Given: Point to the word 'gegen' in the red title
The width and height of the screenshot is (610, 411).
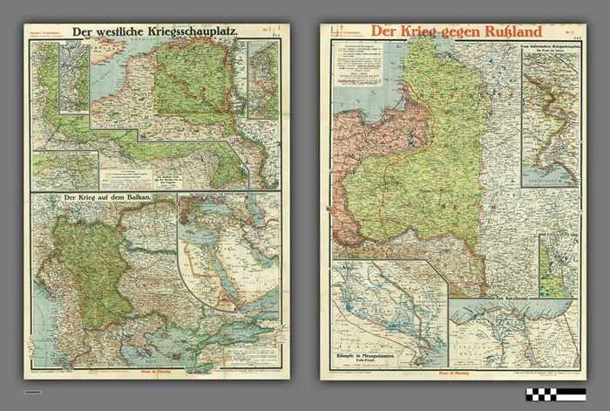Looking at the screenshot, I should pos(444,32).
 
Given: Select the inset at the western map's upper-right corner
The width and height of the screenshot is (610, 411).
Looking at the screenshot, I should pos(263,79).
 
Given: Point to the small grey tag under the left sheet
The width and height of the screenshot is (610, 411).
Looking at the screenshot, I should pos(33,392).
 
